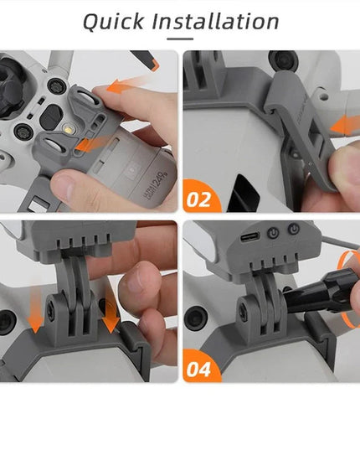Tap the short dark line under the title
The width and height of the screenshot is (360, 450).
tap(180, 39)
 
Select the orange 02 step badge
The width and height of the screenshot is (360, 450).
tap(200, 199)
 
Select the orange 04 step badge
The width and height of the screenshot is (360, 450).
tap(200, 367)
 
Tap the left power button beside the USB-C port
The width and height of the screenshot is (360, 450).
tap(272, 231)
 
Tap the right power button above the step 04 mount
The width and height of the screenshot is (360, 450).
tap(294, 229)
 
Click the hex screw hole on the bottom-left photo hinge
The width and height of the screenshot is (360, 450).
tap(53, 308)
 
